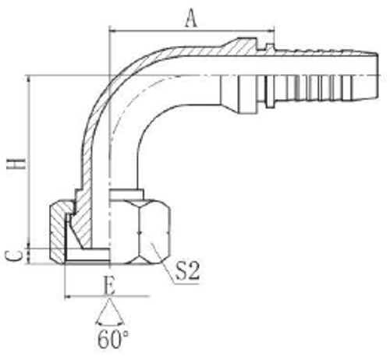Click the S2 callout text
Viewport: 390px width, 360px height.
188,272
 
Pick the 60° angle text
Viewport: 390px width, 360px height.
113,339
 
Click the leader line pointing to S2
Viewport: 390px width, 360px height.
164,257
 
